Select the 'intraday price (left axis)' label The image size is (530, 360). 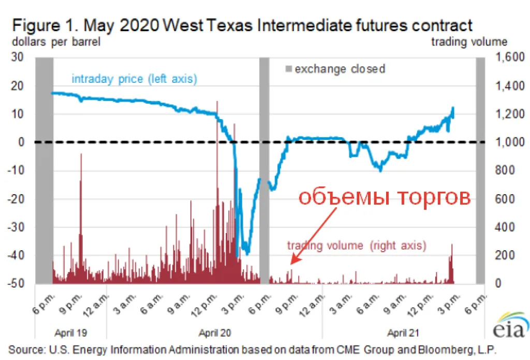pyautogui.click(x=134, y=79)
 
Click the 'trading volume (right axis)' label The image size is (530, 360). pyautogui.click(x=357, y=245)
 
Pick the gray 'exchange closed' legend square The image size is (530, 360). pyautogui.click(x=289, y=68)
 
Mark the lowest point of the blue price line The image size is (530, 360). pyautogui.click(x=247, y=253)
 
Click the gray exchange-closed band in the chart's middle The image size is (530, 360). pyautogui.click(x=264, y=171)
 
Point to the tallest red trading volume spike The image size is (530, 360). pyautogui.click(x=217, y=104)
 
